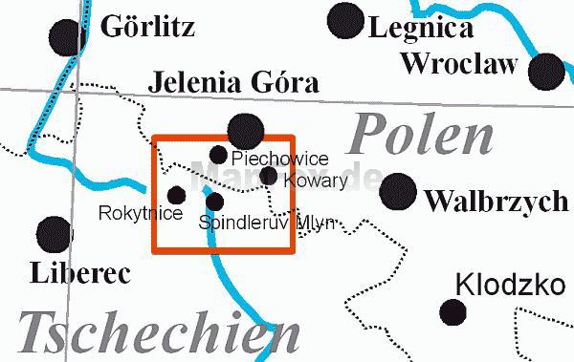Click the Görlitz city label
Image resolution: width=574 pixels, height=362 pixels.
click(148, 26)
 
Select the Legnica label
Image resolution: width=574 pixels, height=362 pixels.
click(422, 28)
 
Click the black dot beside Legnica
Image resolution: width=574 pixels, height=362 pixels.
click(345, 20)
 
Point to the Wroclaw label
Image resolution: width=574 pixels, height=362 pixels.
click(459, 64)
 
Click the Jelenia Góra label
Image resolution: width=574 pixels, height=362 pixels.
click(233, 83)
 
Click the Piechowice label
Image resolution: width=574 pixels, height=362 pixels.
click(280, 158)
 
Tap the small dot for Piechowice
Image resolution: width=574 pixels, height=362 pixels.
click(218, 155)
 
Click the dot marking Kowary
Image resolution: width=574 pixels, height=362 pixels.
click(269, 175)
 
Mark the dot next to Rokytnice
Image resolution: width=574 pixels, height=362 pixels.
click(176, 195)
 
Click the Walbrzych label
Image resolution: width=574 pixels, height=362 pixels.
click(496, 202)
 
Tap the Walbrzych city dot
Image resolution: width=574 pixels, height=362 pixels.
click(398, 193)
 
